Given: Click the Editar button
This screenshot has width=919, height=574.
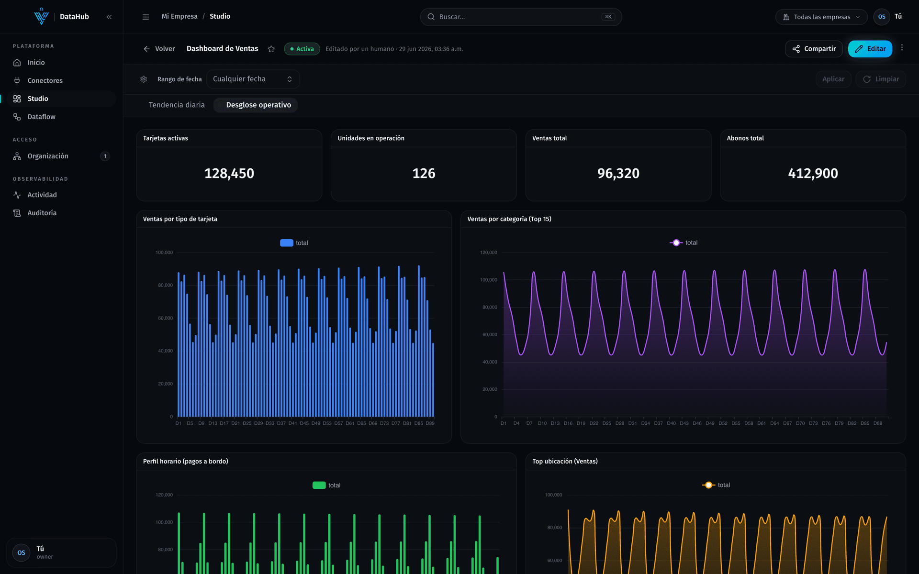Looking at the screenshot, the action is click(x=870, y=49).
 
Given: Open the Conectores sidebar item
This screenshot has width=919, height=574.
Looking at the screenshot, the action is click(x=45, y=80).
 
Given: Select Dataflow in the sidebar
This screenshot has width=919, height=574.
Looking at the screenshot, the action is click(x=41, y=117).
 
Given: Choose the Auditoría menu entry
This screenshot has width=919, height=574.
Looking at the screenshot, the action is click(x=42, y=213).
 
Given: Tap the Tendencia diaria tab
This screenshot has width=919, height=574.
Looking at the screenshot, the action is click(x=177, y=105).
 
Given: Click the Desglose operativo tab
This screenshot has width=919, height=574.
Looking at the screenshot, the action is click(x=258, y=105).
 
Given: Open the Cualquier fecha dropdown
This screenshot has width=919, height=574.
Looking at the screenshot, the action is click(x=253, y=79).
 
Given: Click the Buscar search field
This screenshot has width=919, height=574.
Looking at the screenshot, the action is click(x=521, y=17).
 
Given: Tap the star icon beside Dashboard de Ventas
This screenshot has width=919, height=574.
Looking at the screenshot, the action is click(x=271, y=49).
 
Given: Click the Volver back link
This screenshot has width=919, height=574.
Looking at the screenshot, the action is click(x=159, y=49).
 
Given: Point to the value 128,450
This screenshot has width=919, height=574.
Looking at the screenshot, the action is click(x=229, y=173).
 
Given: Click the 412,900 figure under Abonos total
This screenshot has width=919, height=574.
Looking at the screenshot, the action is click(x=813, y=173).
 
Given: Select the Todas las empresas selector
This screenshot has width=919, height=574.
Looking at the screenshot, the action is click(x=821, y=17).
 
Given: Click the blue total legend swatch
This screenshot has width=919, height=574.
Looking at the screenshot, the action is click(x=287, y=243).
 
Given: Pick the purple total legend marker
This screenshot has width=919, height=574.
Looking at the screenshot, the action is click(x=676, y=243).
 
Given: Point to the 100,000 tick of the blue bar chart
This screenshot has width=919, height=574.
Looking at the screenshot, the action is click(x=164, y=253).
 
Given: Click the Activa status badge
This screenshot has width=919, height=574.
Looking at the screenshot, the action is click(x=302, y=49).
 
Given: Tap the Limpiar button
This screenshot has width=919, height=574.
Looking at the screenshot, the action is click(x=881, y=79).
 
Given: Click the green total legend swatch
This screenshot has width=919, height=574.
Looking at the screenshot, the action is click(x=319, y=485).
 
